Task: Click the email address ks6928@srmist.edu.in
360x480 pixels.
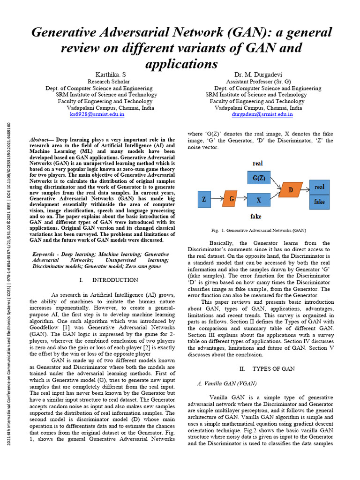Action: point(97,114)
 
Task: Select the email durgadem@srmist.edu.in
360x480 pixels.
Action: point(262,114)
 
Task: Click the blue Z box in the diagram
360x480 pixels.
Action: point(204,199)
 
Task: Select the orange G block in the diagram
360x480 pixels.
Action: point(231,199)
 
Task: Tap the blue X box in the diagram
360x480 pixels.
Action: point(258,200)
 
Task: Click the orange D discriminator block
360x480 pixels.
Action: point(291,190)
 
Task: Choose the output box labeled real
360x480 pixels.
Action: point(319,187)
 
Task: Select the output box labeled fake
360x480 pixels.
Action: point(319,202)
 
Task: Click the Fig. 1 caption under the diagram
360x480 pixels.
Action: point(259,231)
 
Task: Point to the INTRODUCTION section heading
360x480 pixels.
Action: point(109,280)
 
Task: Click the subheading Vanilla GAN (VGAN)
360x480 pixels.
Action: point(226,383)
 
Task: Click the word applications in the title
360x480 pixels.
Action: point(181,63)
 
